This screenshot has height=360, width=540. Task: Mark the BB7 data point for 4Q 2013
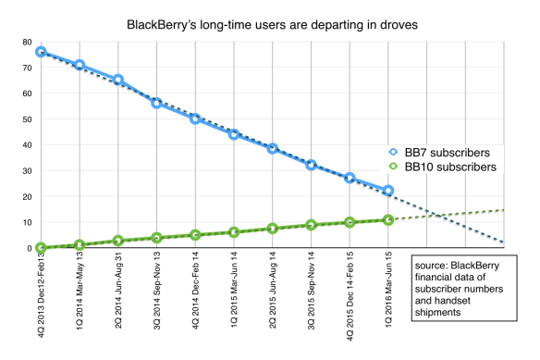[41, 52]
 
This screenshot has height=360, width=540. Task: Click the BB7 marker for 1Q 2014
[80, 65]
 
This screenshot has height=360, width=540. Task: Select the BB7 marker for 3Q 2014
[156, 103]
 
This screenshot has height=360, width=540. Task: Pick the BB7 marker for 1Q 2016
[388, 191]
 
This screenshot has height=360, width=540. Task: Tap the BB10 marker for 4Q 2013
[41, 247]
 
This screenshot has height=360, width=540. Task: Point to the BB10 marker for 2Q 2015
[272, 228]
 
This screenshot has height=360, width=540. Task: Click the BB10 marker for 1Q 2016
[388, 219]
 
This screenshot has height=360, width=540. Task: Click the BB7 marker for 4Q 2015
[350, 178]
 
